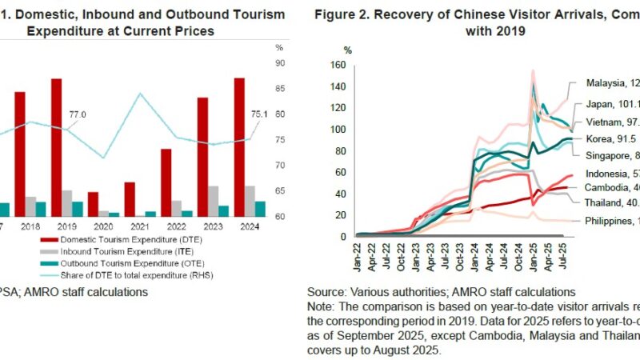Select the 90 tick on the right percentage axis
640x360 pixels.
click(281, 63)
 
